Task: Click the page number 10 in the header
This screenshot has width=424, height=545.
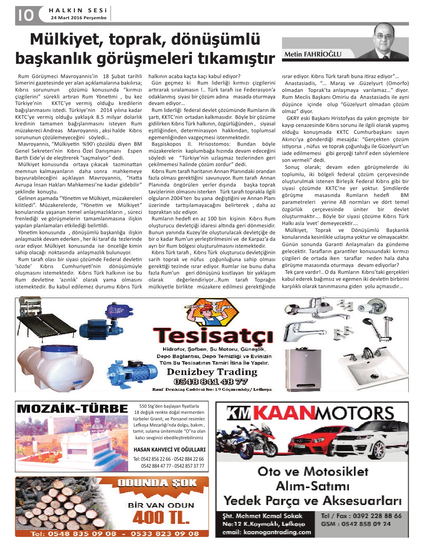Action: [x=25, y=15]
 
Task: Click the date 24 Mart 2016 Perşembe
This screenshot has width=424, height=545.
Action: [x=78, y=18]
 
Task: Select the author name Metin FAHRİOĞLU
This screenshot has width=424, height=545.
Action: [x=312, y=54]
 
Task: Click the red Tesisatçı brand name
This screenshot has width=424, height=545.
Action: [x=213, y=335]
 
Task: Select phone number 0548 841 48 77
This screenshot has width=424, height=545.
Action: [x=210, y=382]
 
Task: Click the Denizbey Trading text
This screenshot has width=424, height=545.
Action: [x=212, y=372]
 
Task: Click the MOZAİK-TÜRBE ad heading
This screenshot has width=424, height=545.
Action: [x=73, y=408]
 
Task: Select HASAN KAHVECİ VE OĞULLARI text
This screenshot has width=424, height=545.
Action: [x=169, y=449]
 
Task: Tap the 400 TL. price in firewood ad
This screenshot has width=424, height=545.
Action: [x=161, y=517]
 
